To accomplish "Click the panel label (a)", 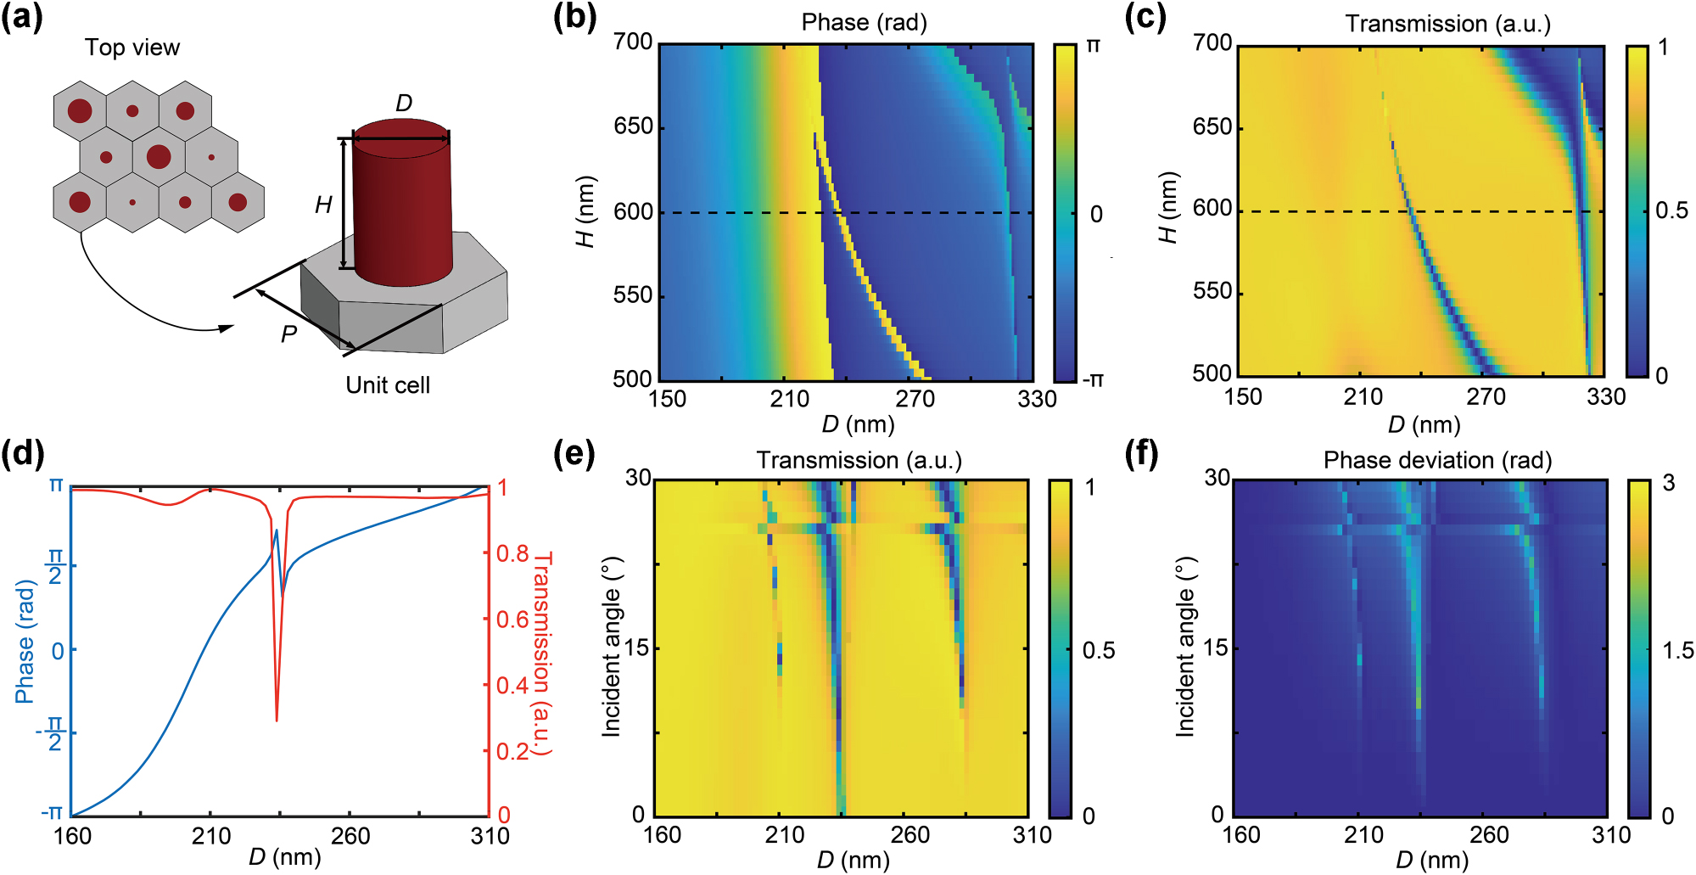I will click(22, 17).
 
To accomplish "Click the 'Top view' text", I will click(132, 48).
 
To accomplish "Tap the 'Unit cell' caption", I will click(388, 385).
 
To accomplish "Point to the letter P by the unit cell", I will click(288, 334).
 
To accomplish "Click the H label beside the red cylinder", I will click(323, 205).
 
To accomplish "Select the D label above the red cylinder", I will click(404, 104).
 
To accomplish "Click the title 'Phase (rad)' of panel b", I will click(864, 23).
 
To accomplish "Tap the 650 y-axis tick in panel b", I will click(633, 126).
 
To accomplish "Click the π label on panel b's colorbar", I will click(1094, 47).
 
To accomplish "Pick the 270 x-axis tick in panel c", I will click(1486, 397).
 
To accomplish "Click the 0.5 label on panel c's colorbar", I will click(1671, 210).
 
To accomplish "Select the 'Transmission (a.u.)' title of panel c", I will click(1447, 24).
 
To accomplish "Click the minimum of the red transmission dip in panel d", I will click(277, 721).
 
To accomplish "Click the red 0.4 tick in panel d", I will click(512, 686).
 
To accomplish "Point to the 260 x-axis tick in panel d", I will click(350, 836).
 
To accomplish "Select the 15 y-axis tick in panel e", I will click(638, 648).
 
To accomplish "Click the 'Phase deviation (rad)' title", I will click(1437, 460).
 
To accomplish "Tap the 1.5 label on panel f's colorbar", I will click(1676, 651).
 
